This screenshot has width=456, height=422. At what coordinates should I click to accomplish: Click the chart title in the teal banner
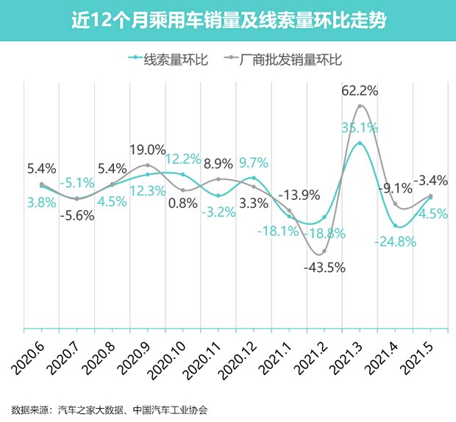click(x=228, y=20)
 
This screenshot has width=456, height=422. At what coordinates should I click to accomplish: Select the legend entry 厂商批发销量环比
click(x=287, y=60)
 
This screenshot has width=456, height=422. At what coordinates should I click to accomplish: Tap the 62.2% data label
click(x=360, y=91)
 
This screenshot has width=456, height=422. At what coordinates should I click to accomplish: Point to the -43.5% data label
click(x=324, y=267)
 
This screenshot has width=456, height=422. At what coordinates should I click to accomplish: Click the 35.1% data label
click(x=360, y=126)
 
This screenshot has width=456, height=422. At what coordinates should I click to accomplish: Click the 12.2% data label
click(x=183, y=159)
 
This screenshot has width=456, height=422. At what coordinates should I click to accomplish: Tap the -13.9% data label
click(x=302, y=195)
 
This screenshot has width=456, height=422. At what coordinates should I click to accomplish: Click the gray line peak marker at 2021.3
click(x=360, y=106)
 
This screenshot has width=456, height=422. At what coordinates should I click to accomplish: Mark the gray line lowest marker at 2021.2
click(x=324, y=251)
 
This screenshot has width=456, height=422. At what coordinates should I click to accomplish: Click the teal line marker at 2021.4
click(x=396, y=226)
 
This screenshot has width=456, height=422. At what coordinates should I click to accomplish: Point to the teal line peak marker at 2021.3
click(x=360, y=143)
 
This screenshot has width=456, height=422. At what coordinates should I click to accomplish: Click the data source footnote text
click(x=110, y=410)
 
